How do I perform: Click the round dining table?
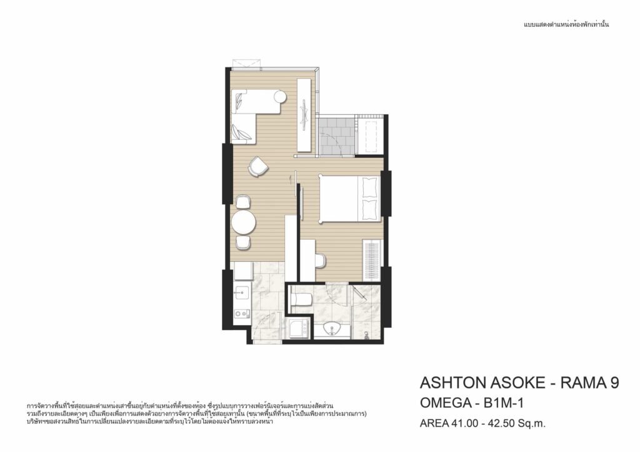click(x=244, y=222)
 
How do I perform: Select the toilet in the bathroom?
click(x=301, y=300)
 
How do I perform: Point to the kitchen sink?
click(x=242, y=292)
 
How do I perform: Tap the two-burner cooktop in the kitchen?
click(x=242, y=314)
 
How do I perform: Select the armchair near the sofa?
click(x=258, y=166)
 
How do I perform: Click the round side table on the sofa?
click(x=280, y=97)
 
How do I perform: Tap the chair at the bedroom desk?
click(x=321, y=260)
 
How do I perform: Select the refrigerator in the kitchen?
click(x=243, y=271)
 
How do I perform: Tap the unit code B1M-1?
click(x=504, y=403)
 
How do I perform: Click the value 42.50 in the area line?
click(x=496, y=423)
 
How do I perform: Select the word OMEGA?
click(x=445, y=403)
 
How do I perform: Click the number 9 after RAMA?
click(x=615, y=383)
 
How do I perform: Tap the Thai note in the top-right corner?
click(x=566, y=24)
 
